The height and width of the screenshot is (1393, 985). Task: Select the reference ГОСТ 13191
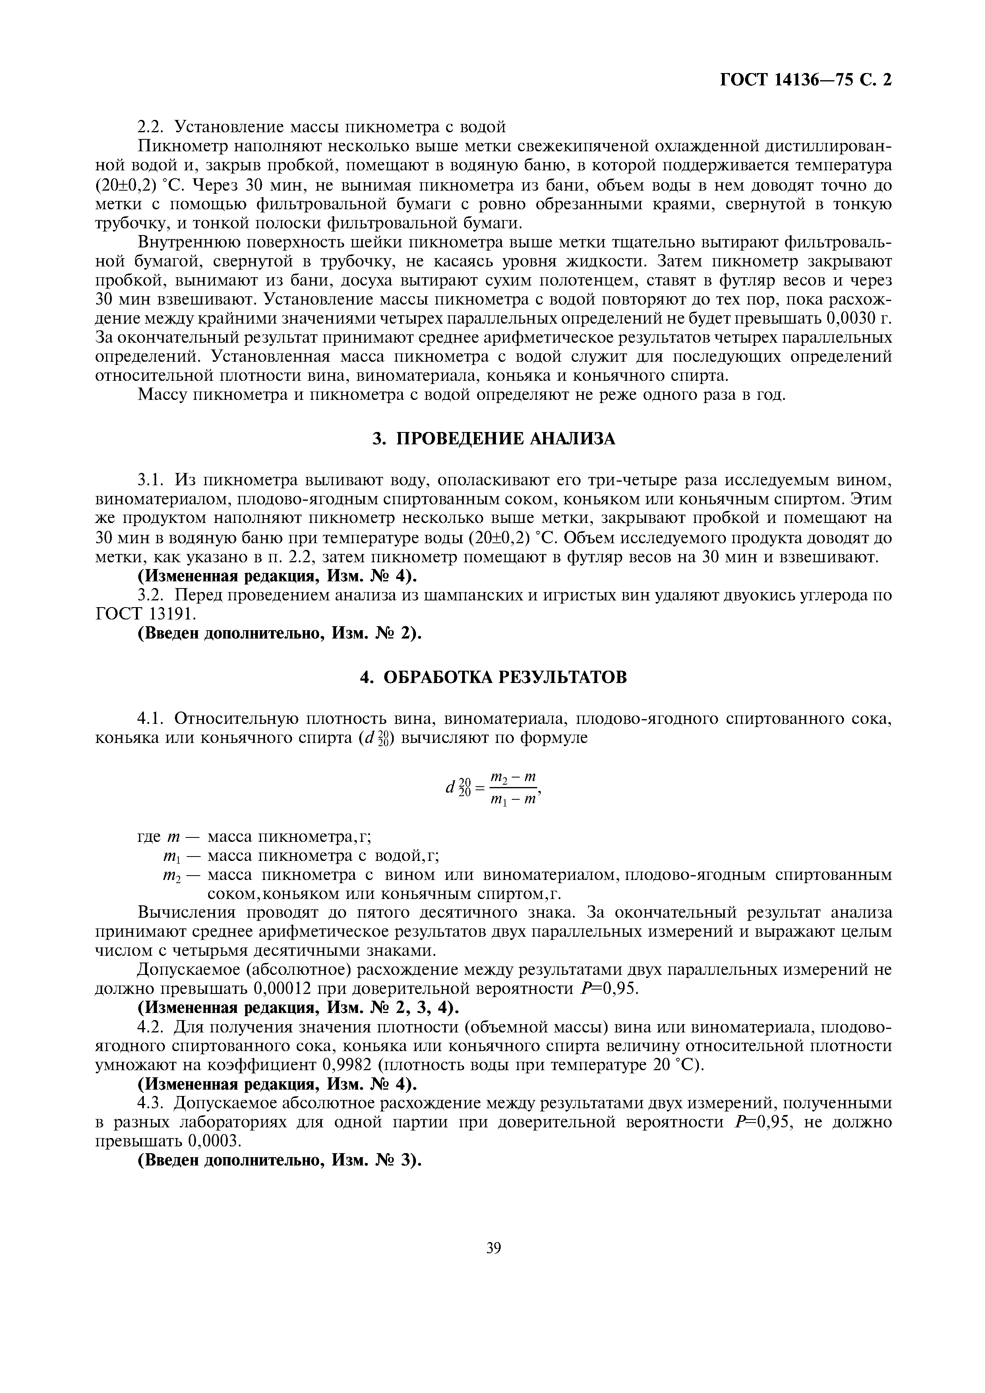146,614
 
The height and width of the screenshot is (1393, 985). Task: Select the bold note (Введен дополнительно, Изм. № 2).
280,633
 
